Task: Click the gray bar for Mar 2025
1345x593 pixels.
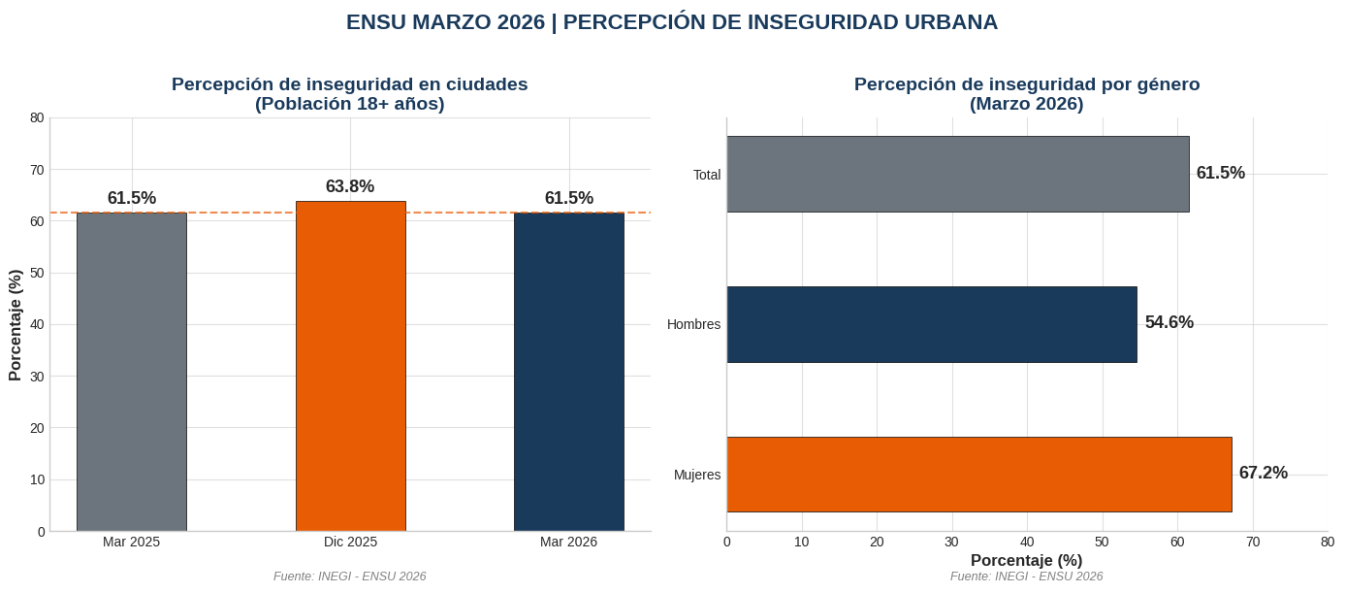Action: [x=132, y=371]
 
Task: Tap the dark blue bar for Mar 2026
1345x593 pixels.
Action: [x=569, y=371]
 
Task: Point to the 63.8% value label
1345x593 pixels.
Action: [x=350, y=186]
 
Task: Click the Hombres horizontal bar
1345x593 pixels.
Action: [x=931, y=324]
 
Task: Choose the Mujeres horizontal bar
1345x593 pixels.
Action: [x=978, y=474]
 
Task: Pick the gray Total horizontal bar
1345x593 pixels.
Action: [x=957, y=174]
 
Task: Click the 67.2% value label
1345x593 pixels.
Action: [x=1264, y=473]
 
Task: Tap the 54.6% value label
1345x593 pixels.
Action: [x=1169, y=322]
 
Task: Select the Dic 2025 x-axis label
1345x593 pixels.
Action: [x=350, y=542]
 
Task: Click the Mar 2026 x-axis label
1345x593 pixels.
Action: [x=569, y=542]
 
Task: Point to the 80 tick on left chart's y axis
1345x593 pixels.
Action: [x=38, y=117]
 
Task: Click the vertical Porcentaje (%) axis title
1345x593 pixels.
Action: [x=16, y=325]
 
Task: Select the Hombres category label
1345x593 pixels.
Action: [x=693, y=324]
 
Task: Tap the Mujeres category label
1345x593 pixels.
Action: [x=697, y=475]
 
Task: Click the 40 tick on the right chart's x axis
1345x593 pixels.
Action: [x=1027, y=542]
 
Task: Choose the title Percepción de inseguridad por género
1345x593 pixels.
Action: [x=1027, y=84]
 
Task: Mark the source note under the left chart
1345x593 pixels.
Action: [x=350, y=577]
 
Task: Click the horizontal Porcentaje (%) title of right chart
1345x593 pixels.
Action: [x=1027, y=560]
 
